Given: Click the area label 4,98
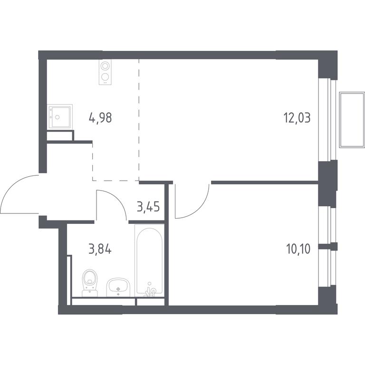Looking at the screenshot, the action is (100, 117).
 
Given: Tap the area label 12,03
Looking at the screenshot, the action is (297, 117).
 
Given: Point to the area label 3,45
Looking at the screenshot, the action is (148, 206).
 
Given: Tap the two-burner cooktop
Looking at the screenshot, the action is (105, 72).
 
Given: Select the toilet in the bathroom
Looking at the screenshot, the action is (90, 283).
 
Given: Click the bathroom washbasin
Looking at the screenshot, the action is (118, 287).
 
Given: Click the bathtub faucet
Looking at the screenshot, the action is (150, 290).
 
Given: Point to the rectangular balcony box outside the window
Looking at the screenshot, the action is (352, 120).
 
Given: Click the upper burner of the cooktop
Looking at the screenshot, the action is (105, 66).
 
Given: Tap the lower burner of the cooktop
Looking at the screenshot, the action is (105, 77).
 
